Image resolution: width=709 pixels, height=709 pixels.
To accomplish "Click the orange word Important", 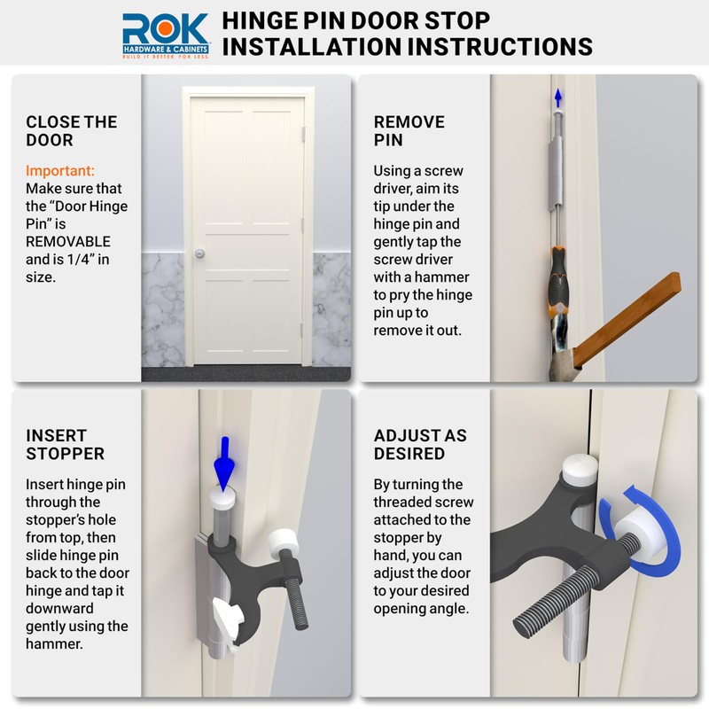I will click(x=60, y=170).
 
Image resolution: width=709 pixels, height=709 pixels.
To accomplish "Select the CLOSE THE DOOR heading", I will click(x=72, y=131).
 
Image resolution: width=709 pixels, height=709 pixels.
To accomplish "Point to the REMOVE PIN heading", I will click(x=409, y=131).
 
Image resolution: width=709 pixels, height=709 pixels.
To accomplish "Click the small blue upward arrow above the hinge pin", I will click(x=557, y=97).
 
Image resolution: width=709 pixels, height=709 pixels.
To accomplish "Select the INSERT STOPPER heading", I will click(x=66, y=445).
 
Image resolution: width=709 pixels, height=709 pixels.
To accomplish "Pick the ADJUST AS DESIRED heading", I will click(x=420, y=445).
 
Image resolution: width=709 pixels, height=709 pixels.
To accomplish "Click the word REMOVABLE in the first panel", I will click(x=68, y=242).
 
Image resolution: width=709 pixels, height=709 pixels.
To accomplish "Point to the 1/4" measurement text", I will click(x=97, y=260).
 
